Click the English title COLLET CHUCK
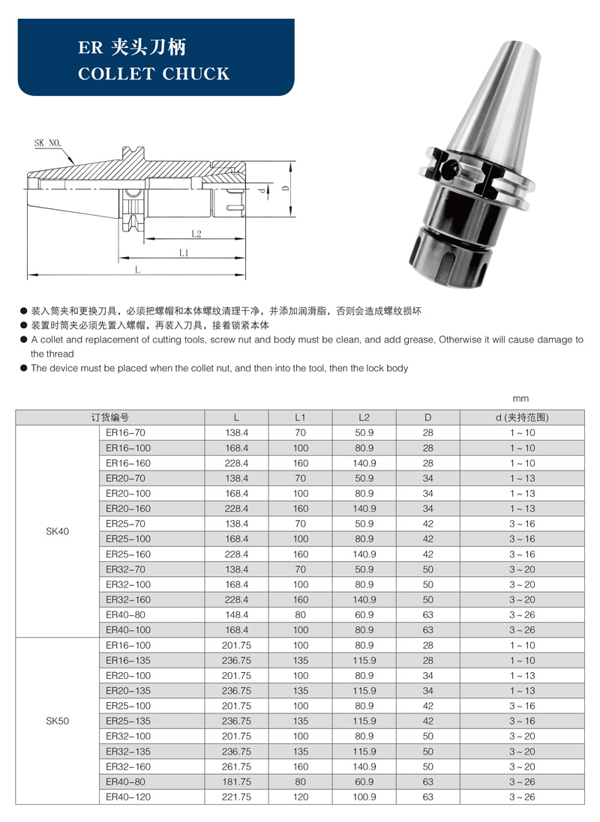154,73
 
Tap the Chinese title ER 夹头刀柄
133,47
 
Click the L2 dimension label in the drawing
196,234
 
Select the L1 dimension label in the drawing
184,253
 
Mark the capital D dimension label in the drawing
285,187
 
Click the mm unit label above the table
521,399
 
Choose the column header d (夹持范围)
522,417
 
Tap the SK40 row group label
57,531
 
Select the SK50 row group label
57,721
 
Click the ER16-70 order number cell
125,432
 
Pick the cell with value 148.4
236,614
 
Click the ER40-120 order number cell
128,797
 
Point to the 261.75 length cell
236,767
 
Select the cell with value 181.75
236,782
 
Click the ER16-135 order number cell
128,660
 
